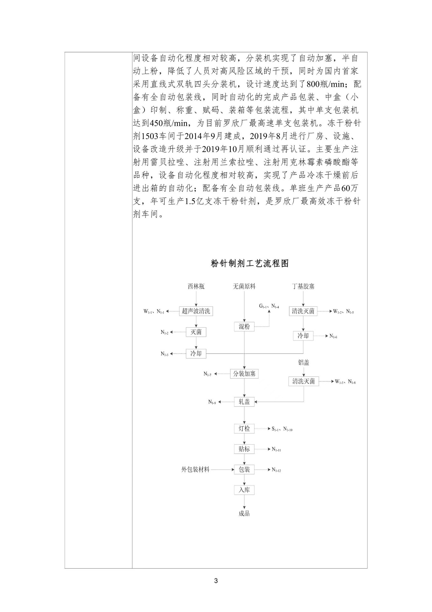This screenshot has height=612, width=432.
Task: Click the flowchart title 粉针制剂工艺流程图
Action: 250,263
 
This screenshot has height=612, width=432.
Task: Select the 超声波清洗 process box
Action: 196,311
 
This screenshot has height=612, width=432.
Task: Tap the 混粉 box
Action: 244,326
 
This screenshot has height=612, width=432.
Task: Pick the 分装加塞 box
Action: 244,374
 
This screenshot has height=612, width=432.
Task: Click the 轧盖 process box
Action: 244,402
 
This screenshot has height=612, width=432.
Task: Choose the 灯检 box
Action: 244,428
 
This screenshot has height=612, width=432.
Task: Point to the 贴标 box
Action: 244,449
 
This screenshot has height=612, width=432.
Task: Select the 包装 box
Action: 244,469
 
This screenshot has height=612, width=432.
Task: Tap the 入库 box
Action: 244,490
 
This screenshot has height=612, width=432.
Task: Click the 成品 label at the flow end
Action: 244,514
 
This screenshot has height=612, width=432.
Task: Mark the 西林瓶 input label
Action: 196,286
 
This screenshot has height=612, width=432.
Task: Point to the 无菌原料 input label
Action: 244,286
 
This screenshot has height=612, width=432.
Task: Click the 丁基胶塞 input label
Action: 303,286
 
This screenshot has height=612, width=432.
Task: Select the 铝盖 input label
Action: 303,362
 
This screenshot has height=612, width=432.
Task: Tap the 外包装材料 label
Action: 195,469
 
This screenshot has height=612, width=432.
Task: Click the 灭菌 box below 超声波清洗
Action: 196,332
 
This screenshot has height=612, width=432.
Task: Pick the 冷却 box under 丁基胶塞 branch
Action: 303,336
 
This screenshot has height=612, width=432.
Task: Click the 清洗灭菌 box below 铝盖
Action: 303,381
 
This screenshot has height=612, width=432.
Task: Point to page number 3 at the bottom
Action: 216,580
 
